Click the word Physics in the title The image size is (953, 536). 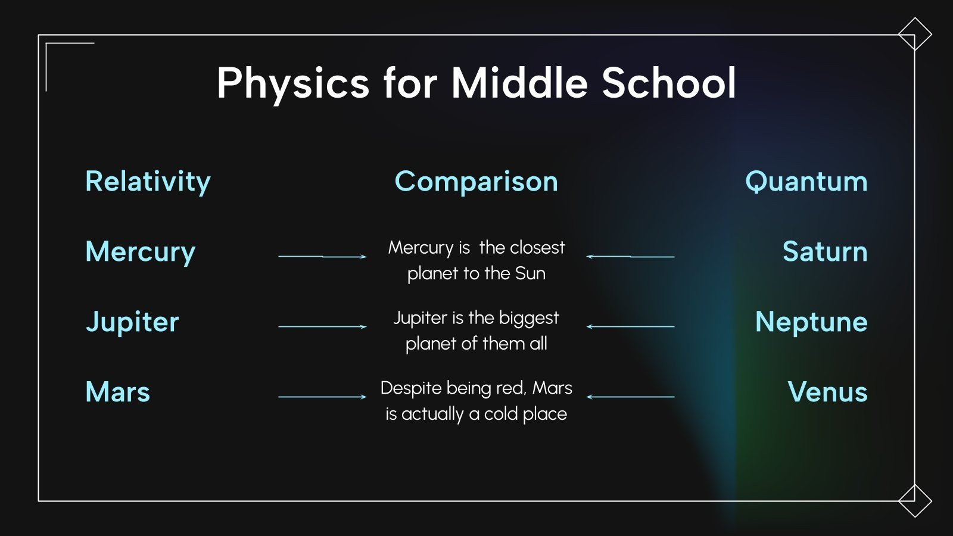(x=293, y=83)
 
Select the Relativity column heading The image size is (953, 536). (x=148, y=181)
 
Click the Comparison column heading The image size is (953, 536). (x=476, y=181)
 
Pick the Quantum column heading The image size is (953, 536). (x=806, y=181)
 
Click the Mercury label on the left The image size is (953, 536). (x=141, y=252)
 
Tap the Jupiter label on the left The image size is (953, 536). (x=132, y=322)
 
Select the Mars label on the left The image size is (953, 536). (x=118, y=392)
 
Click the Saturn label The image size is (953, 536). (x=824, y=251)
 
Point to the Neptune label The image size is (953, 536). (x=811, y=322)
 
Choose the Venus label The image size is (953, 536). (x=827, y=392)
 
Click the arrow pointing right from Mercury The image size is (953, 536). (x=322, y=257)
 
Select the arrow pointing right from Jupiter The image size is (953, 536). (x=322, y=326)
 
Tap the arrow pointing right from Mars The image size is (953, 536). (x=322, y=397)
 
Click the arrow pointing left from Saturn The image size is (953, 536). (x=630, y=257)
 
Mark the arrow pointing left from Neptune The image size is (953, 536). (x=630, y=326)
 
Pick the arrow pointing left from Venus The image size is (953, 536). (x=630, y=397)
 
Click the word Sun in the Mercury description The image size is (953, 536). (x=530, y=273)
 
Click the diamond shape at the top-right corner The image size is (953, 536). (x=915, y=34)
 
